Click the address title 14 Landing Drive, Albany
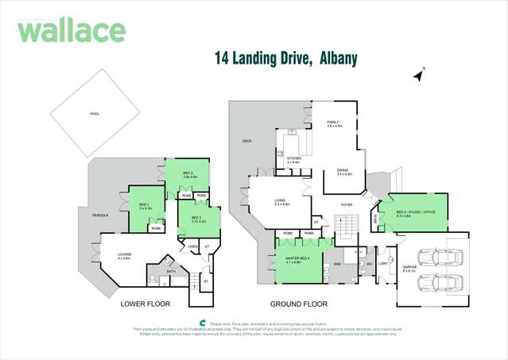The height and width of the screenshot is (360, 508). (286, 59)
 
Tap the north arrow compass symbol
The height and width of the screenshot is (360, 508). (418, 75)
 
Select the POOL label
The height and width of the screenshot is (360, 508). (95, 114)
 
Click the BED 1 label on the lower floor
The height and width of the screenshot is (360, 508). (144, 206)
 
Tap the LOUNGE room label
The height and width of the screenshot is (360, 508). (123, 256)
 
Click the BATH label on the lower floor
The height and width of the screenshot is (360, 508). (171, 271)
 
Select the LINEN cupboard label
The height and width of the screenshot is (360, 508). (192, 246)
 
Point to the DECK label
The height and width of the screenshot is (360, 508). (246, 141)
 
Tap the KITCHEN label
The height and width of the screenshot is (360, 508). (293, 159)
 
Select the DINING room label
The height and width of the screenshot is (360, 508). (343, 170)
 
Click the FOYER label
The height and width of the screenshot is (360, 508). (347, 204)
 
